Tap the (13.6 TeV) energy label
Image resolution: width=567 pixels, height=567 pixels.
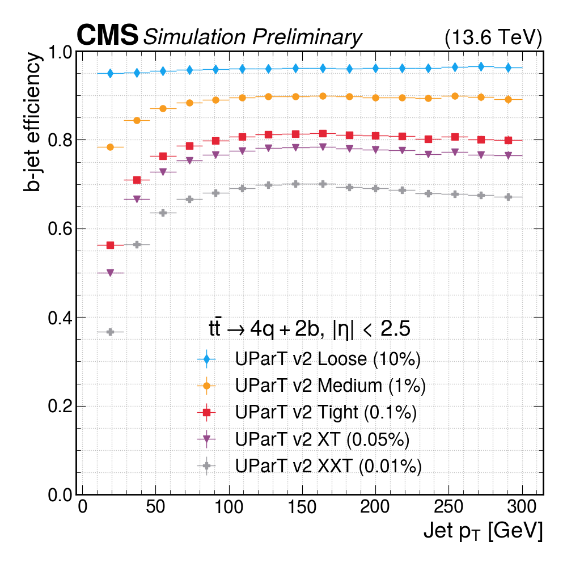pyautogui.click(x=493, y=37)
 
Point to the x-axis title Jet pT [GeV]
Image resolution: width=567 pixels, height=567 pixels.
pyautogui.click(x=483, y=531)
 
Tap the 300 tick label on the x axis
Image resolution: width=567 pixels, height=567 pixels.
pyautogui.click(x=522, y=506)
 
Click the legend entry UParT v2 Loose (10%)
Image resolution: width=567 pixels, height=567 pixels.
pyautogui.click(x=327, y=359)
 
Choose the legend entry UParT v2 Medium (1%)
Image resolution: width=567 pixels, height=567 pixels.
pyautogui.click(x=330, y=386)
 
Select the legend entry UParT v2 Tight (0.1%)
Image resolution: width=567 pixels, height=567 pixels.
pyautogui.click(x=325, y=413)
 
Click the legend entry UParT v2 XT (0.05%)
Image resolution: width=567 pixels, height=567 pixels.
pyautogui.click(x=321, y=439)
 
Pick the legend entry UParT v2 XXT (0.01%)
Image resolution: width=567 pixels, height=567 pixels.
pyautogui.click(x=328, y=466)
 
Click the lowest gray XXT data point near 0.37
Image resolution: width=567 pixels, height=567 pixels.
pyautogui.click(x=111, y=332)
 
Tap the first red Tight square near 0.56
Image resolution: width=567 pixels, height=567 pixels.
pyautogui.click(x=111, y=245)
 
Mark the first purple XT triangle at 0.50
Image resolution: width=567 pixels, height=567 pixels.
pyautogui.click(x=111, y=273)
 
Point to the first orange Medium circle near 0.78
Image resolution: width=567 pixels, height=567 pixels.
pyautogui.click(x=111, y=147)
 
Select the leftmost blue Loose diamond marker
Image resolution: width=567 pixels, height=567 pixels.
pyautogui.click(x=111, y=73)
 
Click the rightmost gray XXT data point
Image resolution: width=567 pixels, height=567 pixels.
pyautogui.click(x=508, y=197)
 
